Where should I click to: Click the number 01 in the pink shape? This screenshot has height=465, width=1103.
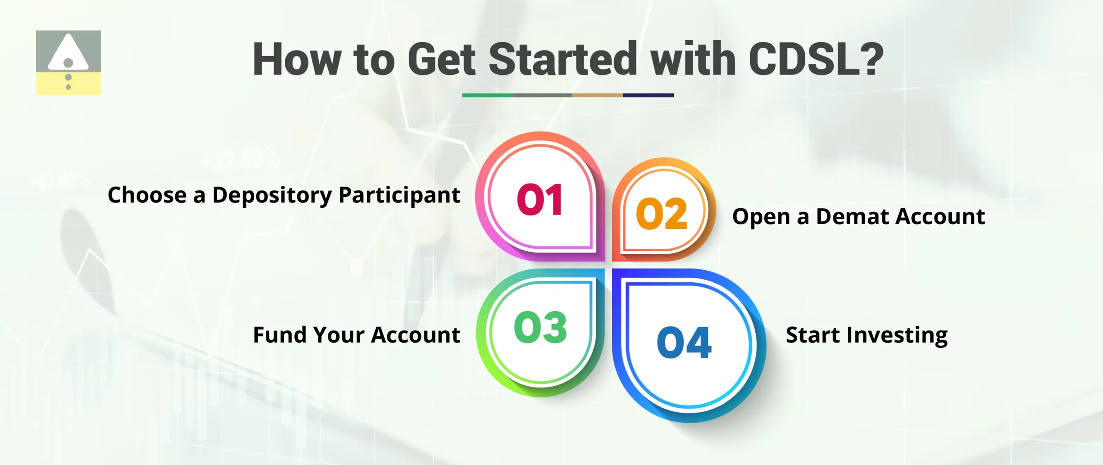539,200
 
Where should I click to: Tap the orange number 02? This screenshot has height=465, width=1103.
661,214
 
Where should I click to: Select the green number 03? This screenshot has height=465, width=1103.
540,328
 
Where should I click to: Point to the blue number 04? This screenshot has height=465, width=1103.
684,343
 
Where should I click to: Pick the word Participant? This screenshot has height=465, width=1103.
399,195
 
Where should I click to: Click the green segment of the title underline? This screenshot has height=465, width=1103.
488,95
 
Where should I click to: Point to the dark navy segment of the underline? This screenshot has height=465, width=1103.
648,95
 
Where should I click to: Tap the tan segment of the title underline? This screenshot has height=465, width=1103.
597,95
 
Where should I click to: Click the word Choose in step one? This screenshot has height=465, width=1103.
147,195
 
